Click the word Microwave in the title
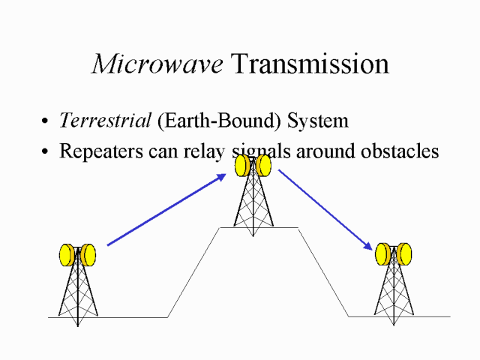point(157,64)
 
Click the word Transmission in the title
point(309,64)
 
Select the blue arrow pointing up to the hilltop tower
point(166,211)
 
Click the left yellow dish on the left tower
point(67,256)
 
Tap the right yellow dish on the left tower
point(88,256)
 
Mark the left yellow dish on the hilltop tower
point(242,166)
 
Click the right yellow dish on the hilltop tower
point(263,166)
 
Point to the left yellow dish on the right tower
point(383,254)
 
